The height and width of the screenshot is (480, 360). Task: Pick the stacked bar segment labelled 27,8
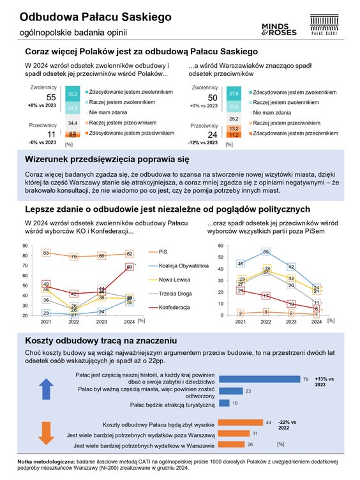coord(234,93)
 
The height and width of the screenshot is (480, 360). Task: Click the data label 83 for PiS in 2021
coord(46,253)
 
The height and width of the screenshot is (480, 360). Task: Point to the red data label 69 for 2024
coord(130,267)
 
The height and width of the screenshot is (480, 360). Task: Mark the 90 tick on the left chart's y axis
coord(24,246)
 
